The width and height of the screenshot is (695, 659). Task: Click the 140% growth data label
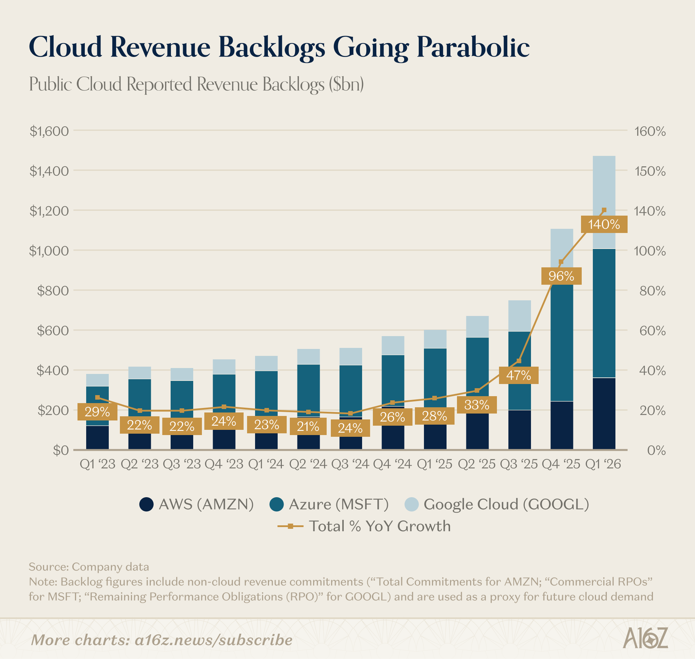[604, 224]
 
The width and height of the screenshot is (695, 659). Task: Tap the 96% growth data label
[561, 276]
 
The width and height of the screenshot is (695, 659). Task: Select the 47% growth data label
[518, 375]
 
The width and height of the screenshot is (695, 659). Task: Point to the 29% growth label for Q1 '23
[97, 412]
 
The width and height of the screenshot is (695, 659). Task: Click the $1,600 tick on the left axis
[49, 131]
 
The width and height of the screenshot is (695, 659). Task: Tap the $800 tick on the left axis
[53, 291]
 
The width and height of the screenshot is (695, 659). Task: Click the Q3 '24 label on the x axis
[350, 464]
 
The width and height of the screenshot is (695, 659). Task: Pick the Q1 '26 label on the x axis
[603, 464]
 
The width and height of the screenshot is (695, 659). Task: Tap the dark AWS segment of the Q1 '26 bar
[604, 414]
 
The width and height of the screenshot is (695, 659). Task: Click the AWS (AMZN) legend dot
[146, 504]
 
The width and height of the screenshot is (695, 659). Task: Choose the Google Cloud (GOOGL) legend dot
[411, 504]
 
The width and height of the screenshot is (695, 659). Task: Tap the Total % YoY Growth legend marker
[290, 526]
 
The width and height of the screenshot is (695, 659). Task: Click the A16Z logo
[645, 638]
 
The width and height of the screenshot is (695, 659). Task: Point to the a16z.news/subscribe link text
[214, 640]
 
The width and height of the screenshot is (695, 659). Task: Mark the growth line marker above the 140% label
[604, 210]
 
